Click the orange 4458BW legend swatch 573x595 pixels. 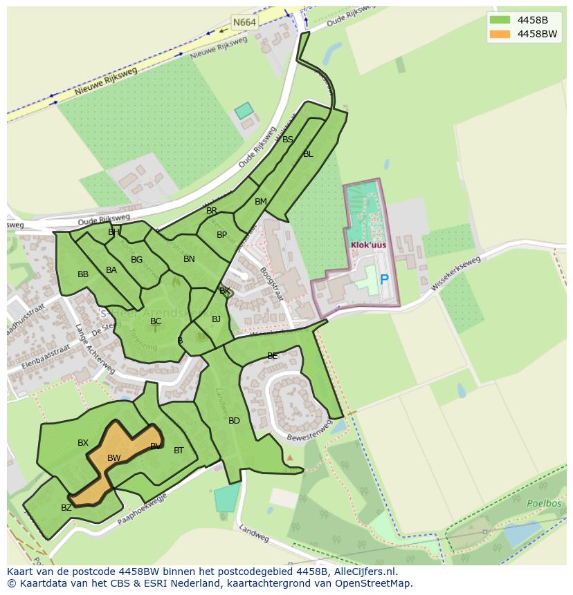pyautogui.click(x=499, y=34)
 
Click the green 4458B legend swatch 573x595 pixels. pyautogui.click(x=499, y=20)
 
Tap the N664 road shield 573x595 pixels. pyautogui.click(x=244, y=22)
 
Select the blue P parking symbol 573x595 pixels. pyautogui.click(x=384, y=280)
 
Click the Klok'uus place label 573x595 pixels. pyautogui.click(x=367, y=245)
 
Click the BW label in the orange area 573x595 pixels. pyautogui.click(x=114, y=458)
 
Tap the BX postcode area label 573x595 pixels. pyautogui.click(x=83, y=443)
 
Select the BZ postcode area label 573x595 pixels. pyautogui.click(x=66, y=508)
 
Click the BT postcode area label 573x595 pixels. pyautogui.click(x=179, y=451)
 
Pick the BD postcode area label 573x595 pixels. pyautogui.click(x=234, y=421)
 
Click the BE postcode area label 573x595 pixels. pyautogui.click(x=272, y=356)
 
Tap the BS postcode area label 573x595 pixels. pyautogui.click(x=288, y=140)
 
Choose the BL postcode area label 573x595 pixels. pyautogui.click(x=308, y=154)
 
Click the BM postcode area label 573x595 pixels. pyautogui.click(x=260, y=202)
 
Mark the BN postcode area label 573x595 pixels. pyautogui.click(x=189, y=259)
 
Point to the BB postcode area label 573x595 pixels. pyautogui.click(x=83, y=274)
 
